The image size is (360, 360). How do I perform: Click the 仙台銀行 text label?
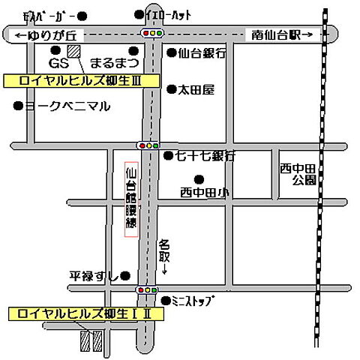[201, 53]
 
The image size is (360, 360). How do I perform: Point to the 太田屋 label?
[195, 89]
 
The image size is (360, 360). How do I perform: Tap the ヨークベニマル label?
[67, 106]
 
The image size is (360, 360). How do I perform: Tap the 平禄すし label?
[94, 276]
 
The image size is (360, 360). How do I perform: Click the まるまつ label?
[114, 61]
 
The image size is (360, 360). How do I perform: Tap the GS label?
[58, 61]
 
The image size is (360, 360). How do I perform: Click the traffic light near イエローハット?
[154, 33]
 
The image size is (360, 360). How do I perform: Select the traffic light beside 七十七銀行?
[148, 145]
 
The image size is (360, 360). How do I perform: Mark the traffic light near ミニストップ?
[147, 289]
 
